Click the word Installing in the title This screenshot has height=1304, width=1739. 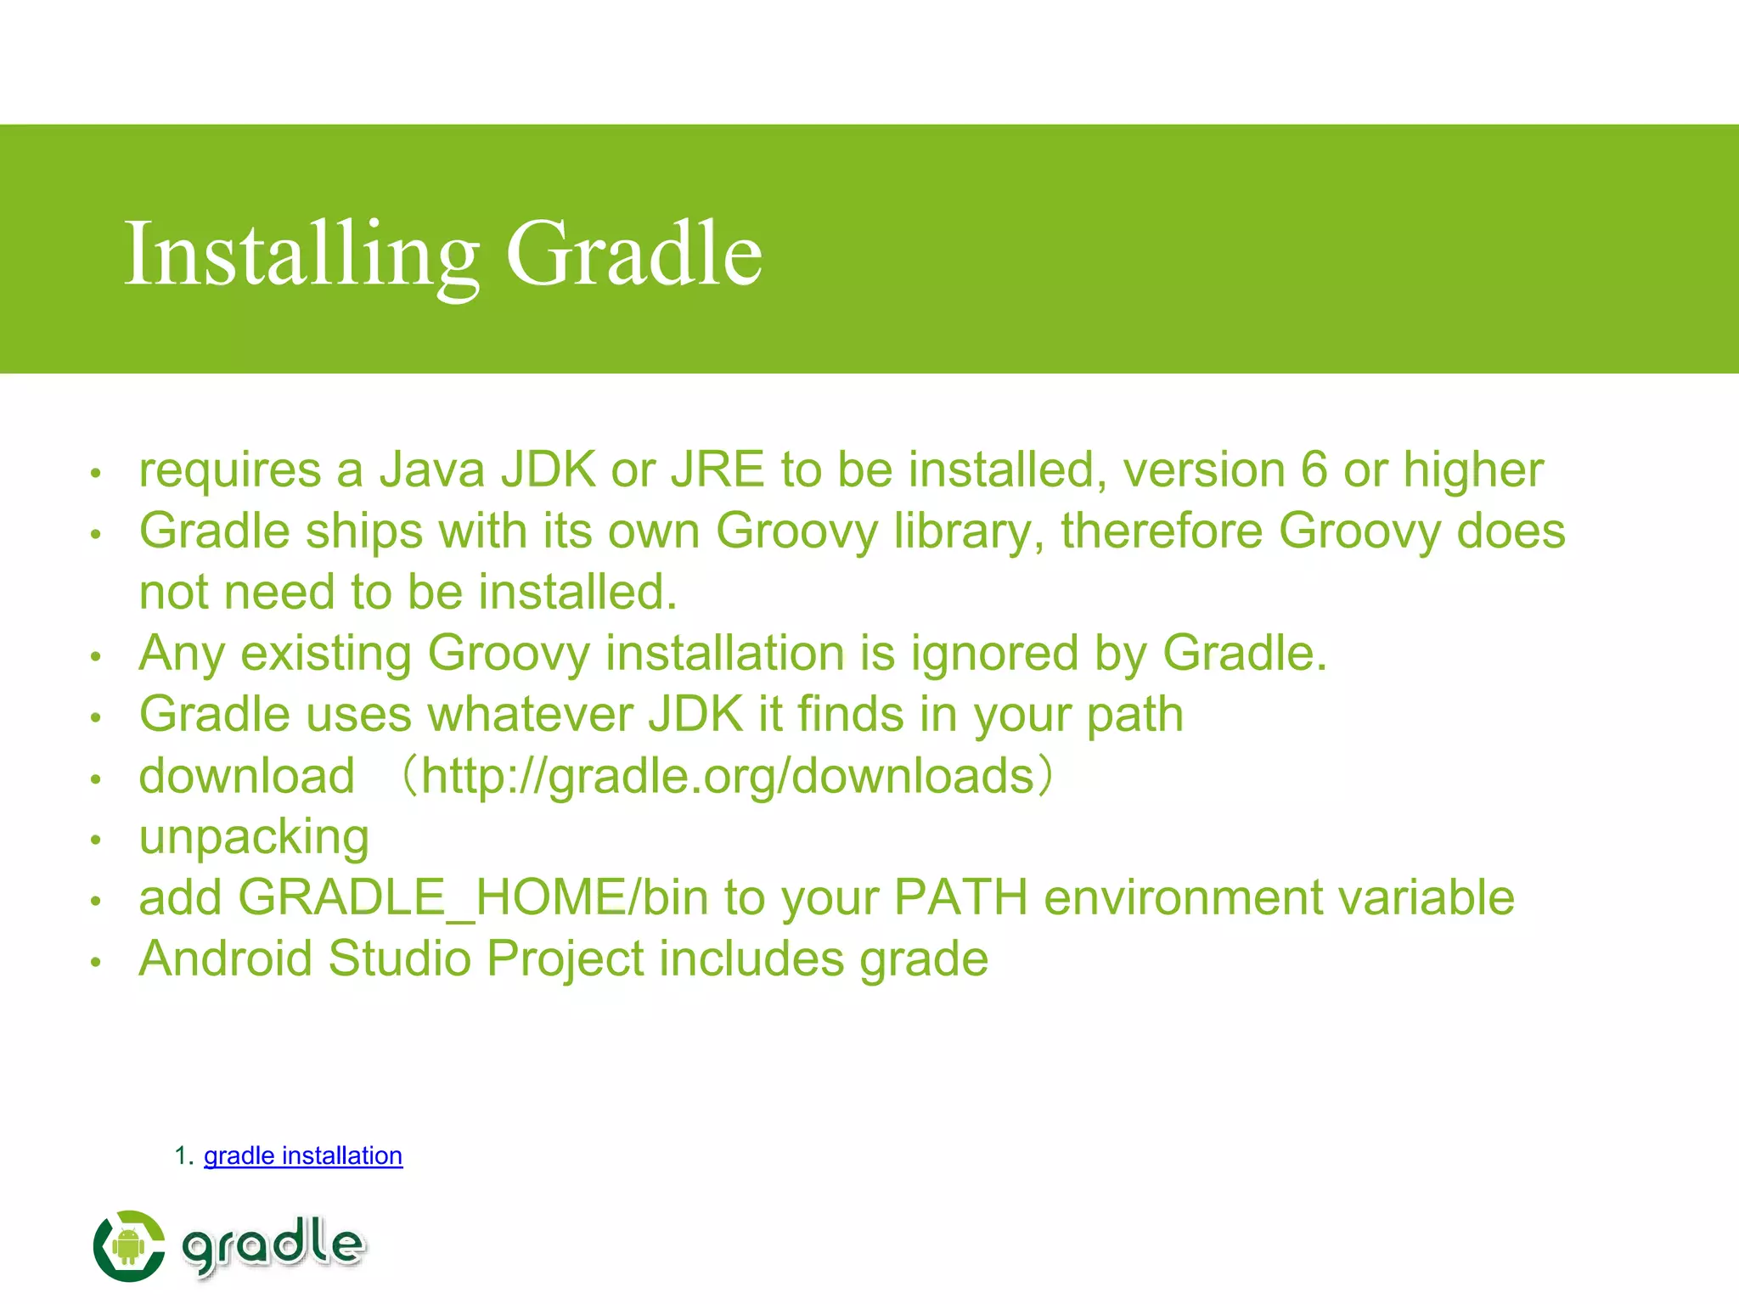(301, 255)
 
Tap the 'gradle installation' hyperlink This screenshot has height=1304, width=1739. (302, 1155)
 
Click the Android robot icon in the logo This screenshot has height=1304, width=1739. (128, 1246)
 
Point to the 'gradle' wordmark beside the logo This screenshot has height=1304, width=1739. (273, 1245)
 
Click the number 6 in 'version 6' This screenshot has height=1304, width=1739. (1314, 469)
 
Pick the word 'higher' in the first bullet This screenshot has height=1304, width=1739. (1473, 471)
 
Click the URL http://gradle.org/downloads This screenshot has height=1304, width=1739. (728, 776)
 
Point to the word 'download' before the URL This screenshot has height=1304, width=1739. (246, 776)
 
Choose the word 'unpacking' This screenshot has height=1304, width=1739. (254, 838)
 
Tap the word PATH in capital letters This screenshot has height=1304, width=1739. (960, 897)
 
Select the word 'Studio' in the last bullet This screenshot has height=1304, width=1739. (399, 959)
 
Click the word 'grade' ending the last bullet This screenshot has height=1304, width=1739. (924, 960)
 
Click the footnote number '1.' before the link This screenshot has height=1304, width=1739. (184, 1155)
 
